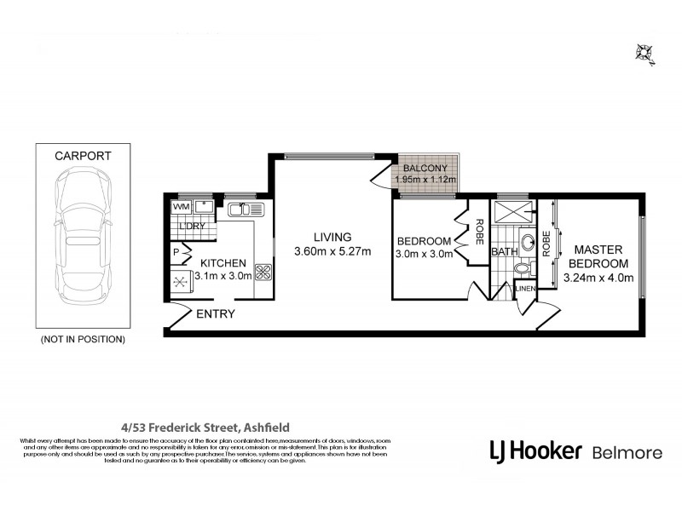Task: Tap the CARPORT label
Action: [83, 156]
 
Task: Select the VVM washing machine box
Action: [181, 207]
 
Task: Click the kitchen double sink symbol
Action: [247, 208]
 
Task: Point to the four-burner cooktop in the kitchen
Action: [263, 273]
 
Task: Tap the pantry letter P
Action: [176, 251]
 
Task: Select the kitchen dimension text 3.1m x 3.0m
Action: [223, 277]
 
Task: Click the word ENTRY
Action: [216, 314]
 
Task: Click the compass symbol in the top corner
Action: [644, 53]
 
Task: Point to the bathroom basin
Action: [526, 239]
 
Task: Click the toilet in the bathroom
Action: [523, 269]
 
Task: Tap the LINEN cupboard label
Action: [525, 290]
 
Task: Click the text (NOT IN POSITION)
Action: [83, 339]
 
